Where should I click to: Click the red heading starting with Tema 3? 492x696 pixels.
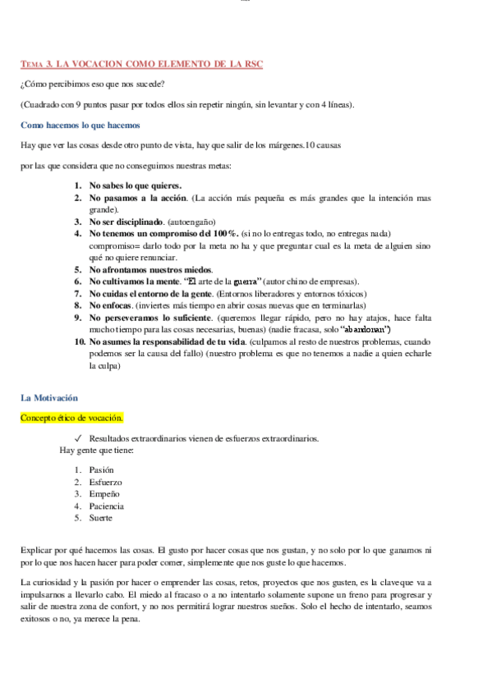point(141,64)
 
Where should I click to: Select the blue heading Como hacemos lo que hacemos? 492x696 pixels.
point(80,126)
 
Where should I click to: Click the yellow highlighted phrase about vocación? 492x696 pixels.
point(71,418)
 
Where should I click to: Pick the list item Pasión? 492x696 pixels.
point(102,469)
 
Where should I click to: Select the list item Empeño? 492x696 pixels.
point(104,494)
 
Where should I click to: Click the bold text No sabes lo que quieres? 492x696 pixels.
point(136,185)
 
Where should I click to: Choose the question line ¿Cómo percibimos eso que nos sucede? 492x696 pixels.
point(92,85)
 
